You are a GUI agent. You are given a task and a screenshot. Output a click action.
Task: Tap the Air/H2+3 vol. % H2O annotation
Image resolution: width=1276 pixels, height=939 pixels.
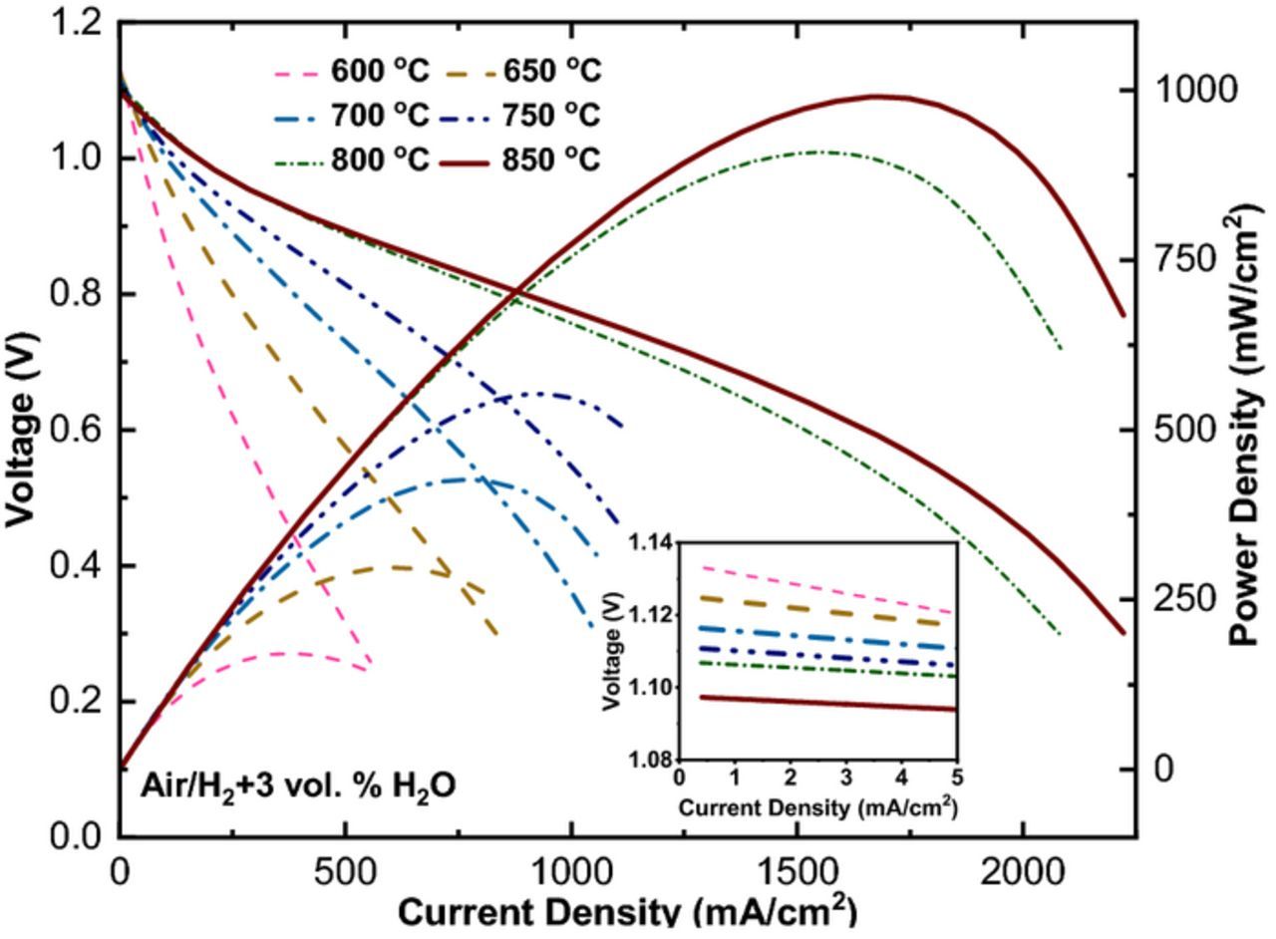coord(298,786)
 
